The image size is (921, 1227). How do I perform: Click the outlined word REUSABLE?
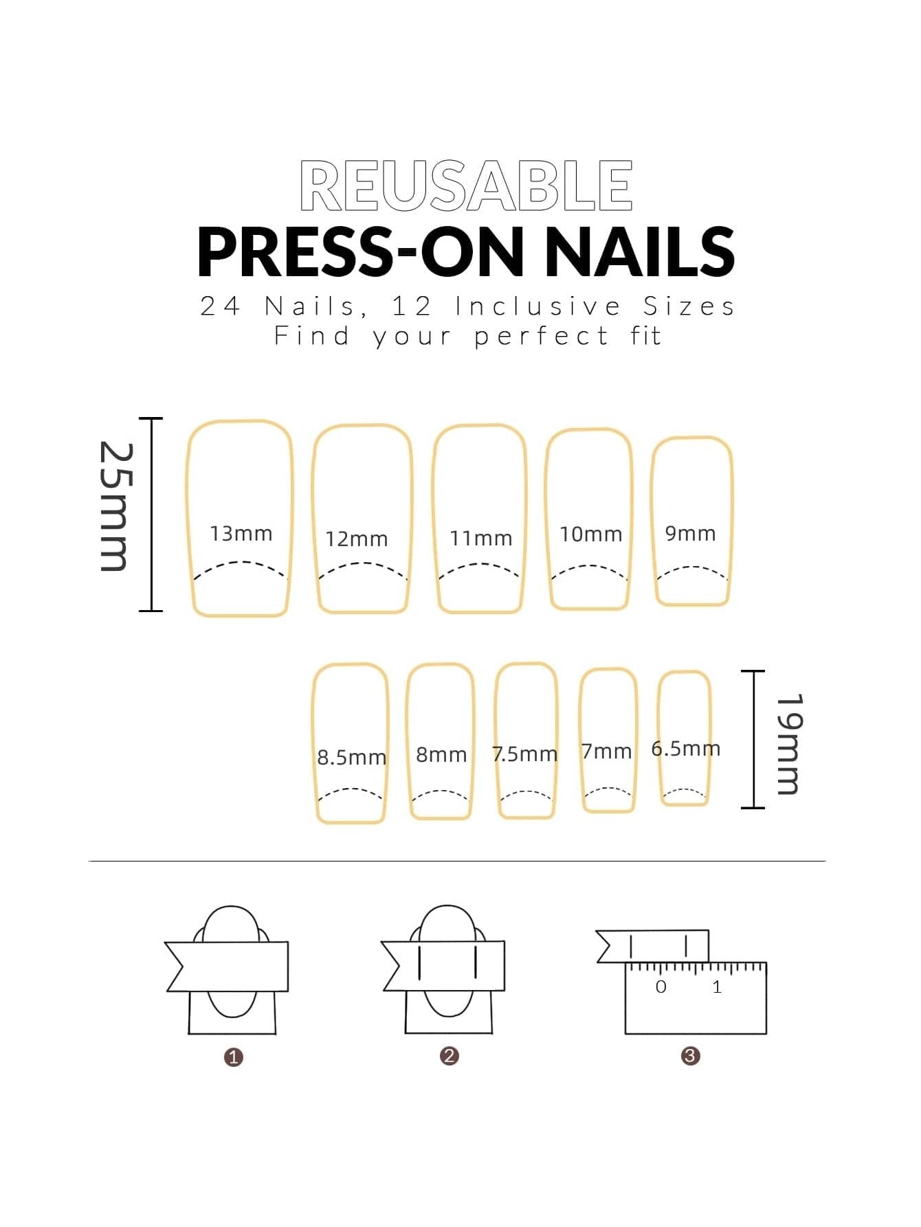466,185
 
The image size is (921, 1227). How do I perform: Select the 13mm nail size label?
241,533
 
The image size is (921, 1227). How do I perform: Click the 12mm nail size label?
357,539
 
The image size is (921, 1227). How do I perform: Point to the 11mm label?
481,538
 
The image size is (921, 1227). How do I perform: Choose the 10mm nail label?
591,534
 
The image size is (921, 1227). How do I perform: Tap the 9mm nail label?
691,533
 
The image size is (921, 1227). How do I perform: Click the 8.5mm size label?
352,757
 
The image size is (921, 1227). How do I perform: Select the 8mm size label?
441,754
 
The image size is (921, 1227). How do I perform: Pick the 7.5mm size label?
525,754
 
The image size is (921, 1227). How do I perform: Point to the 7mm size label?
606,751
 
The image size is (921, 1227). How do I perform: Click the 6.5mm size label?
686,748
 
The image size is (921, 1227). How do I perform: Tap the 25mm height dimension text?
114,506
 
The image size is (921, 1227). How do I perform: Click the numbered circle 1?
234,1057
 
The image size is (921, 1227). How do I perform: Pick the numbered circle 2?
450,1055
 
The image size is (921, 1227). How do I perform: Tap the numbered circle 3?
691,1055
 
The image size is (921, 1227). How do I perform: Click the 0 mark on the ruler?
661,987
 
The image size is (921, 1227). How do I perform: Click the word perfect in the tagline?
542,337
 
